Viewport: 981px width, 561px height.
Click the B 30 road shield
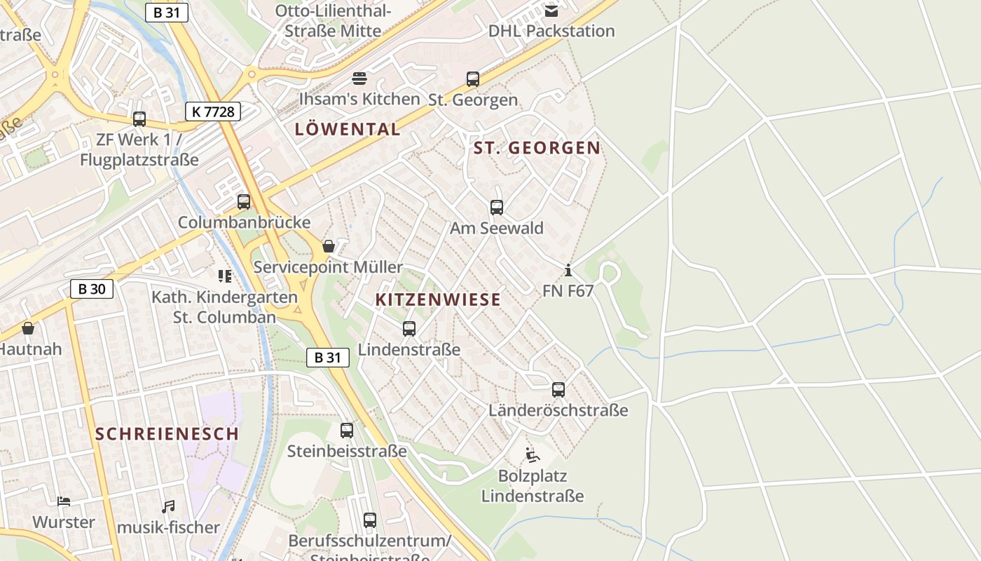92,289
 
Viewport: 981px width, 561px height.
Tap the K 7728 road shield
213,111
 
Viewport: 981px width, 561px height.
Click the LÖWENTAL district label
348,129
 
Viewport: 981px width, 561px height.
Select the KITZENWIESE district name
438,299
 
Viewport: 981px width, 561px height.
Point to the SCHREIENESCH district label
167,433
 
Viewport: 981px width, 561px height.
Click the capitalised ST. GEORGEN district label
537,148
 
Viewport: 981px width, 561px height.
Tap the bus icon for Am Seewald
497,208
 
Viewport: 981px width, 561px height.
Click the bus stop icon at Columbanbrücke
244,202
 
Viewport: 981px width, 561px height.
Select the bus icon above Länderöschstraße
558,390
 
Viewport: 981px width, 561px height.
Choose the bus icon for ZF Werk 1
139,119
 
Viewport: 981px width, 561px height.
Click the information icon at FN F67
568,270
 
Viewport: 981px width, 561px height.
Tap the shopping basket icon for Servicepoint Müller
328,246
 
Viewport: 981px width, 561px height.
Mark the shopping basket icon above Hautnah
28,328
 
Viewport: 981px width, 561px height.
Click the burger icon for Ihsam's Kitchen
359,78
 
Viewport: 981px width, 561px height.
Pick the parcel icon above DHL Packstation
551,11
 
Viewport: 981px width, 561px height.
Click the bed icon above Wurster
64,501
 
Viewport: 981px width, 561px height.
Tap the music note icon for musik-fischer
168,506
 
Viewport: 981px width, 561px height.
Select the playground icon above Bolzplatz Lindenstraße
533,455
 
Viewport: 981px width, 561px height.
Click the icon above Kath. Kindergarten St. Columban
225,276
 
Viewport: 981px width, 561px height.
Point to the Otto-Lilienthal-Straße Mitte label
333,20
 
